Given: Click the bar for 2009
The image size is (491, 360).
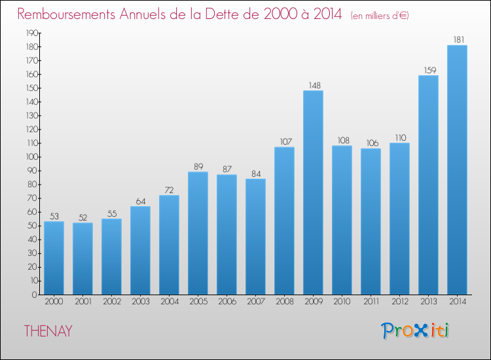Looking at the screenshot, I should pyautogui.click(x=313, y=192).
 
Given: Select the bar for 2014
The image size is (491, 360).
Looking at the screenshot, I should pyautogui.click(x=457, y=170).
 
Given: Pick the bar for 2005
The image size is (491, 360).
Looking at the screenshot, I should pyautogui.click(x=198, y=233).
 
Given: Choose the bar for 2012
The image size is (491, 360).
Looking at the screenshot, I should pyautogui.click(x=399, y=219).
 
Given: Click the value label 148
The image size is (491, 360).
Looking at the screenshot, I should pyautogui.click(x=313, y=84).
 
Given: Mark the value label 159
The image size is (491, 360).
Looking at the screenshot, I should pyautogui.click(x=428, y=69).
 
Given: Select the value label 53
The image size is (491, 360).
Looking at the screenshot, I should pyautogui.click(x=54, y=215).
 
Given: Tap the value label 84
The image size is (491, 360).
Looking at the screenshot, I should pyautogui.click(x=255, y=173).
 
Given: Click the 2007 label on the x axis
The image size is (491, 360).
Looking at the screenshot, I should pyautogui.click(x=255, y=301).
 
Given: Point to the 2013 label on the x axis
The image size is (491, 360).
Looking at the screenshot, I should pyautogui.click(x=428, y=301).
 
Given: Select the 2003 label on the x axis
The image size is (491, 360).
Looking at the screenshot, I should pyautogui.click(x=140, y=301).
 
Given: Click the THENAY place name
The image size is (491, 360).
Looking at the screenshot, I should pyautogui.click(x=48, y=331).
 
